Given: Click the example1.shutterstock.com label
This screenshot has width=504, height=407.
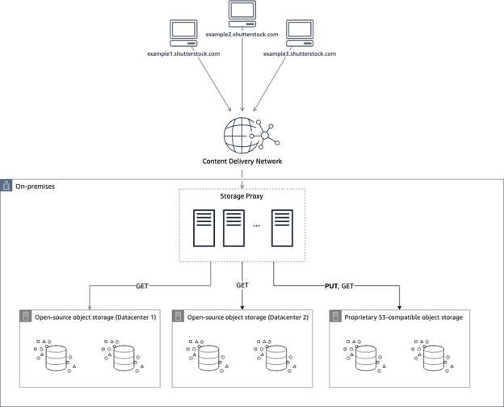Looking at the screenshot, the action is pyautogui.click(x=183, y=53).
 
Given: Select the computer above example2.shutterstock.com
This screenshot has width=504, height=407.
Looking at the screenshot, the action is pyautogui.click(x=242, y=15).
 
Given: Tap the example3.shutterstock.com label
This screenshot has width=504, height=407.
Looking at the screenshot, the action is pyautogui.click(x=300, y=53).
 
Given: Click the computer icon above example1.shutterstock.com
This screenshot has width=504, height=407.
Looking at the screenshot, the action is pyautogui.click(x=183, y=33).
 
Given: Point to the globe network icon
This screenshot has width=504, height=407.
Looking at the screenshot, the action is pyautogui.click(x=252, y=136).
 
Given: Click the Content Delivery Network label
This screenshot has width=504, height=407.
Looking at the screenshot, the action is pyautogui.click(x=242, y=161).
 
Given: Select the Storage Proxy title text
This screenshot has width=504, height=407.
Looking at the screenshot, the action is pyautogui.click(x=241, y=196).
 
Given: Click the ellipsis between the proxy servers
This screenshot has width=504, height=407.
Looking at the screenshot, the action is pyautogui.click(x=257, y=226).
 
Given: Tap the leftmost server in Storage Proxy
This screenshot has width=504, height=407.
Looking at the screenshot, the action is pyautogui.click(x=204, y=229).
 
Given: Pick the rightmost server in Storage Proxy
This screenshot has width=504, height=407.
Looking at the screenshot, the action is pyautogui.click(x=282, y=229).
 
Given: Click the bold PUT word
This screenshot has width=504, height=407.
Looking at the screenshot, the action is pyautogui.click(x=331, y=286).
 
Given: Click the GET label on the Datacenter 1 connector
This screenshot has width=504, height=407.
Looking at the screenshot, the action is pyautogui.click(x=142, y=286).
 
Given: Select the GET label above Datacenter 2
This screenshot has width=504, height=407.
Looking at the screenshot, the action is pyautogui.click(x=242, y=285).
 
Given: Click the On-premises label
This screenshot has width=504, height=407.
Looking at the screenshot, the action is pyautogui.click(x=35, y=187).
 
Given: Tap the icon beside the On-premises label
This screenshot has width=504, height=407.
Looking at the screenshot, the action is pyautogui.click(x=6, y=186).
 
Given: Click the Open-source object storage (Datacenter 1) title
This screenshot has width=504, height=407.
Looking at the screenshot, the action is pyautogui.click(x=95, y=317).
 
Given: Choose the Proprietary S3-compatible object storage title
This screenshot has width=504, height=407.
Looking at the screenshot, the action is pyautogui.click(x=404, y=317).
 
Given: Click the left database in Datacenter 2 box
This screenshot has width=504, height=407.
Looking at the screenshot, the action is pyautogui.click(x=208, y=356).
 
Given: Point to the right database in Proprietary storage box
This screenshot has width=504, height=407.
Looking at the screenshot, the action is pyautogui.click(x=433, y=356).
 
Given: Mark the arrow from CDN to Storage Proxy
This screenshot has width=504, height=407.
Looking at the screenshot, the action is pyautogui.click(x=242, y=179).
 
